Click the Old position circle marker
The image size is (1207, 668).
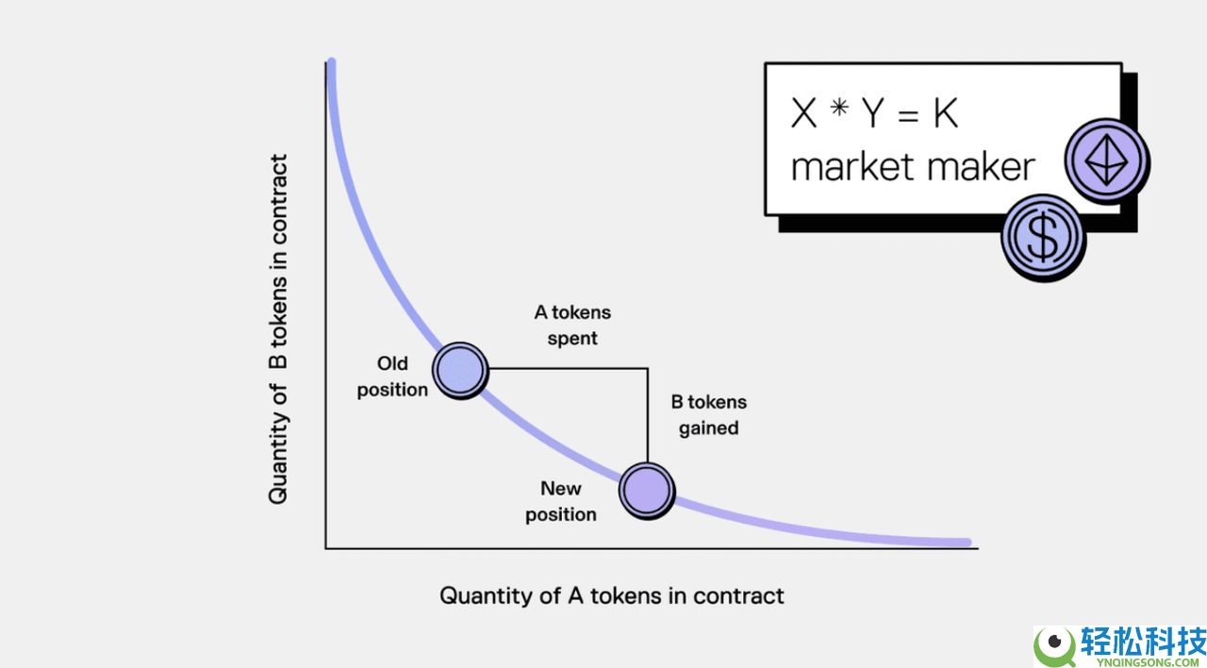(461, 371)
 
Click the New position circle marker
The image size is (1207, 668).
(647, 491)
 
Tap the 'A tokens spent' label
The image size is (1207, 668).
(572, 326)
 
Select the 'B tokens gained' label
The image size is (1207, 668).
(708, 414)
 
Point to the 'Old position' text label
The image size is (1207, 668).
(392, 376)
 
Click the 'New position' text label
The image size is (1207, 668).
(560, 501)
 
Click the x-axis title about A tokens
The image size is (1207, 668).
(612, 596)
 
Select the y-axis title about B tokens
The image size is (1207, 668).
(278, 329)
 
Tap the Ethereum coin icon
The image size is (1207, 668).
(1107, 160)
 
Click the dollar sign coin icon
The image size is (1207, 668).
(1043, 238)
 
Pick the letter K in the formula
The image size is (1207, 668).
(946, 113)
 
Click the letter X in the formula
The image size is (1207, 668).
(803, 113)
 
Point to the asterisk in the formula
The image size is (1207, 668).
(839, 108)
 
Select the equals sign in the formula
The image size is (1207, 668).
(908, 115)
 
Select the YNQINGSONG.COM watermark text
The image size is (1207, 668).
(1142, 662)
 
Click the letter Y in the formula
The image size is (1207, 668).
(873, 113)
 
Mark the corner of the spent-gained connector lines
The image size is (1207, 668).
(647, 369)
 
